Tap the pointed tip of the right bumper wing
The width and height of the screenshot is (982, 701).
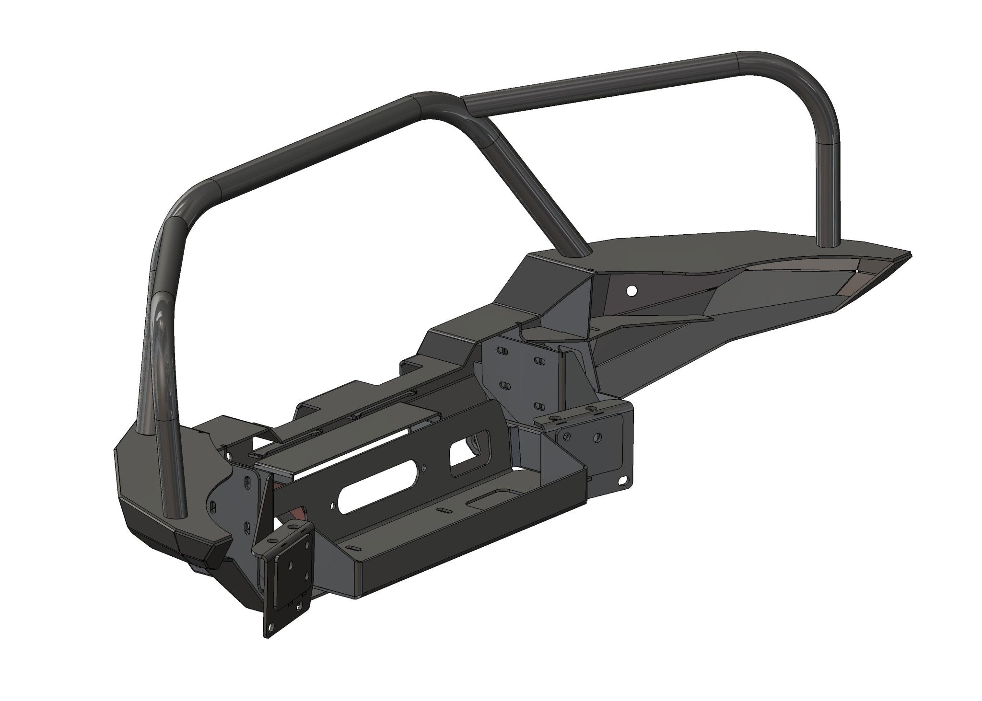pyautogui.click(x=909, y=253)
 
